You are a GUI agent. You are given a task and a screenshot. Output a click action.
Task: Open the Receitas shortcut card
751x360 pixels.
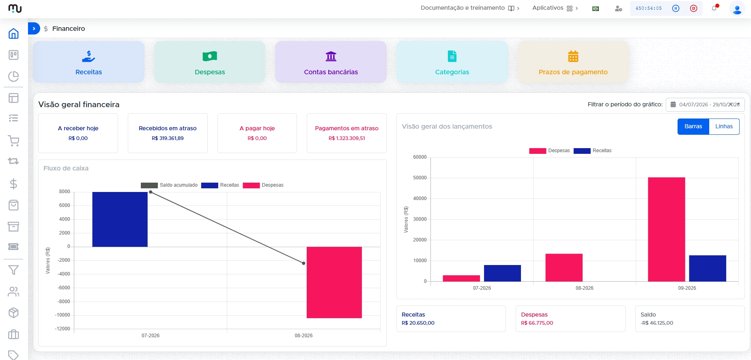click(88, 62)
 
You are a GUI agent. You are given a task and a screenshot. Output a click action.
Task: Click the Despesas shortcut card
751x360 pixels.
click(210, 62)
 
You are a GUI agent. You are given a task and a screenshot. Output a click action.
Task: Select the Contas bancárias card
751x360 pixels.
click(331, 62)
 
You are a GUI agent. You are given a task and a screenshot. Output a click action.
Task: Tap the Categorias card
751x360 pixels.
click(452, 62)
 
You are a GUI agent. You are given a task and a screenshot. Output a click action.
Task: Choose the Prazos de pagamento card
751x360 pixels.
click(573, 62)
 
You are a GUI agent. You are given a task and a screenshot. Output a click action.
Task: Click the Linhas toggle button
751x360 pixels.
click(724, 127)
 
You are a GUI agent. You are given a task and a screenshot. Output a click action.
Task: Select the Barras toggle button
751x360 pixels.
click(693, 127)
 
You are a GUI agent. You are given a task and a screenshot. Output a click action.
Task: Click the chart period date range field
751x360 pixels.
click(705, 105)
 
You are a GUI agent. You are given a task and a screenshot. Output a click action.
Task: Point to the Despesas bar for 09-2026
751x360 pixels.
click(666, 229)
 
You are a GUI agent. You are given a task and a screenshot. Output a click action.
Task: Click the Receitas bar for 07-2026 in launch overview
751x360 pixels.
click(502, 273)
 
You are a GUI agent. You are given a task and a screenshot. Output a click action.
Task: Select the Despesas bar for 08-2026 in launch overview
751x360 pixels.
click(564, 267)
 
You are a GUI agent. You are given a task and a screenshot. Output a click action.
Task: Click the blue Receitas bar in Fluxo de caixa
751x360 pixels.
click(120, 219)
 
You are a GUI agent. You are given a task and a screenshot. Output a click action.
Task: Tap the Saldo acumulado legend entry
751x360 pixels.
click(169, 185)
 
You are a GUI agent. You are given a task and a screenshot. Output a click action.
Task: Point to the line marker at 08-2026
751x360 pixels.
click(303, 263)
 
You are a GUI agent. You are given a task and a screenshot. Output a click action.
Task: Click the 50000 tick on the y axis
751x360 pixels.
click(420, 178)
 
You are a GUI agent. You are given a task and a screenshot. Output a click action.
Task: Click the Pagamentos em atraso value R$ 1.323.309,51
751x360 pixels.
click(347, 138)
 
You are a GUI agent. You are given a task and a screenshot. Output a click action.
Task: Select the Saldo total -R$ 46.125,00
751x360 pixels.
click(657, 323)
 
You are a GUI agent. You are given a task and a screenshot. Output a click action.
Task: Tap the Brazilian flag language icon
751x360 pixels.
click(596, 9)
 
